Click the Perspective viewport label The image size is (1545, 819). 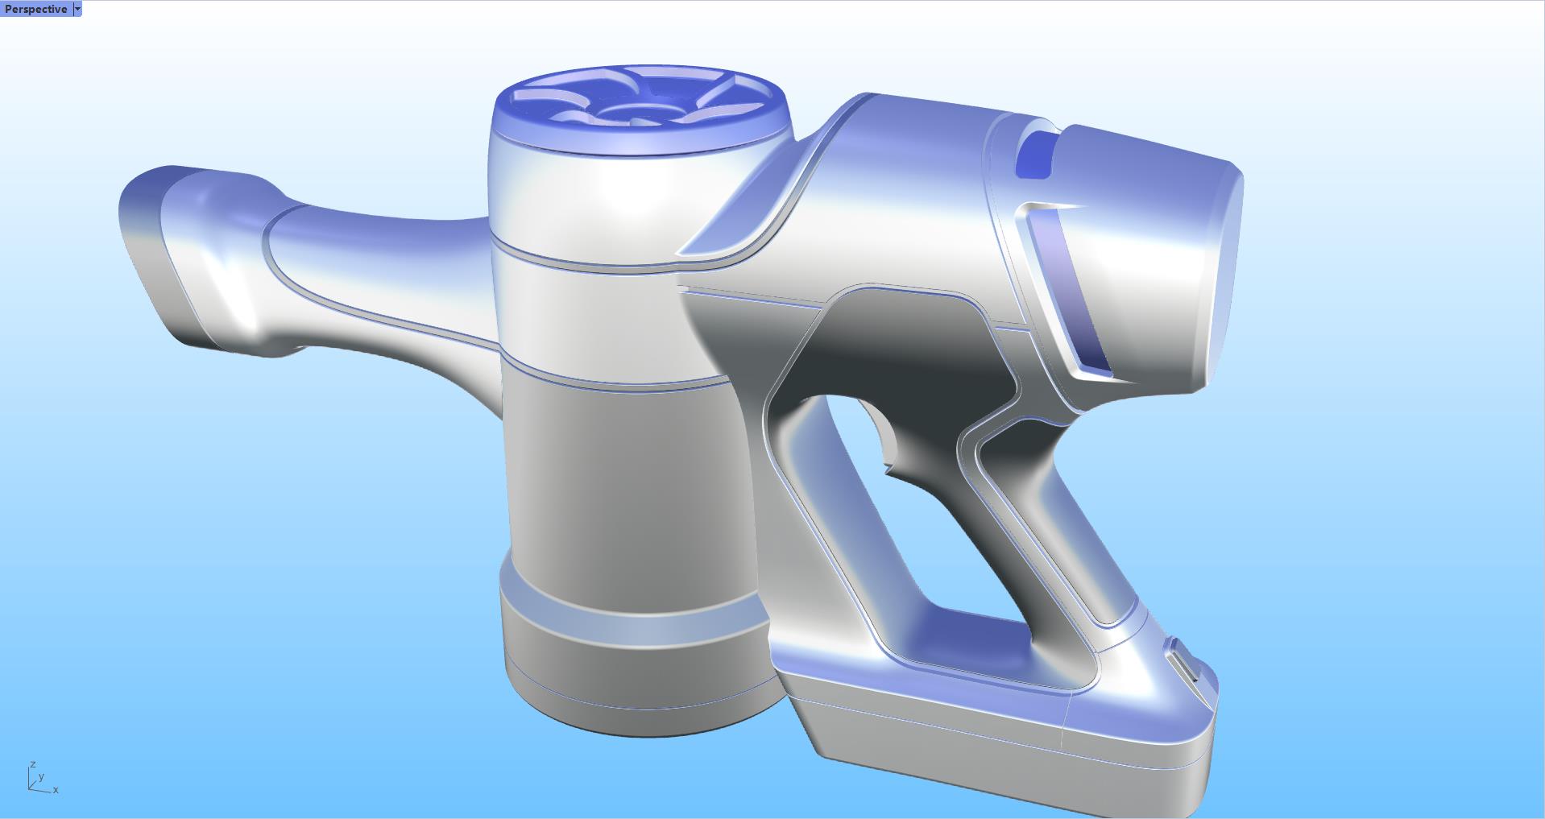click(x=35, y=9)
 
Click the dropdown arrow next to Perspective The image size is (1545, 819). click(x=77, y=9)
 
